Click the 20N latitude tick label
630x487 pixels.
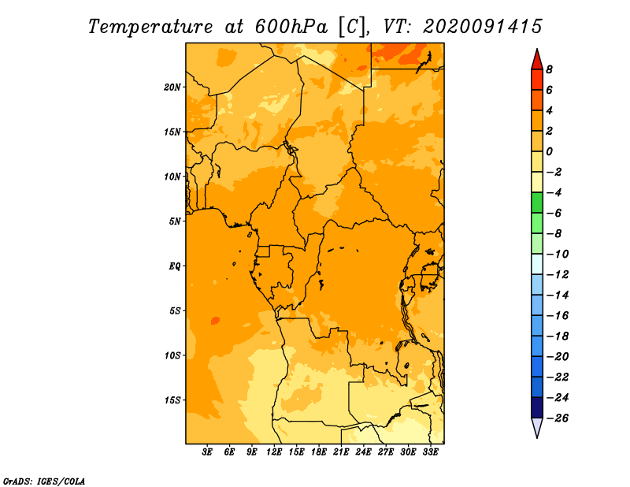pyautogui.click(x=172, y=87)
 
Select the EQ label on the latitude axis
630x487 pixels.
pyautogui.click(x=174, y=266)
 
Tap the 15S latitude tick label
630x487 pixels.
pyautogui.click(x=172, y=400)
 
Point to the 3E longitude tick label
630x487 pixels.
pyautogui.click(x=207, y=452)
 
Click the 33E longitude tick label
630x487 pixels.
pyautogui.click(x=430, y=452)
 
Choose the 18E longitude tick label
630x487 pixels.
pyautogui.click(x=319, y=452)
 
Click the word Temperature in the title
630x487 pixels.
pyautogui.click(x=150, y=27)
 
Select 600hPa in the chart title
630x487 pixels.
pyautogui.click(x=291, y=27)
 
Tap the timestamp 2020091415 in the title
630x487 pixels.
pyautogui.click(x=483, y=27)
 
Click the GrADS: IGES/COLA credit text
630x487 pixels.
pyautogui.click(x=44, y=481)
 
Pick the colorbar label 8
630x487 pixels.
pyautogui.click(x=549, y=69)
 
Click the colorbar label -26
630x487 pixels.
pyautogui.click(x=558, y=418)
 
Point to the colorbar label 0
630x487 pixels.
pyautogui.click(x=549, y=151)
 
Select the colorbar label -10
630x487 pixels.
pyautogui.click(x=558, y=255)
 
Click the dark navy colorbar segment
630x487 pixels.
pyautogui.click(x=537, y=407)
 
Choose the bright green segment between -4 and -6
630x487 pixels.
pyautogui.click(x=537, y=203)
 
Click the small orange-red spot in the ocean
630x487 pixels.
pyautogui.click(x=215, y=321)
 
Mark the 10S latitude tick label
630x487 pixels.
pyautogui.click(x=172, y=355)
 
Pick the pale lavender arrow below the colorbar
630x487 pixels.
pyautogui.click(x=537, y=426)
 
